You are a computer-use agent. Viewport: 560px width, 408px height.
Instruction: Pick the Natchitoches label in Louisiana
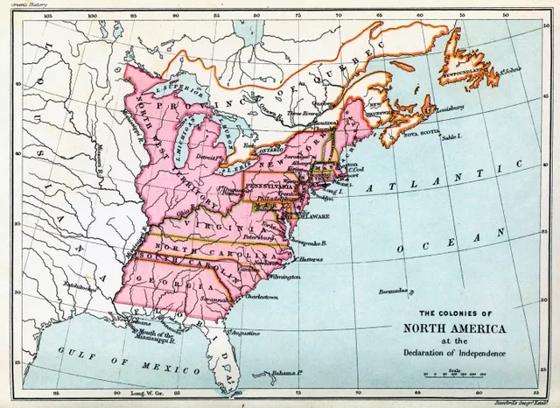68,285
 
